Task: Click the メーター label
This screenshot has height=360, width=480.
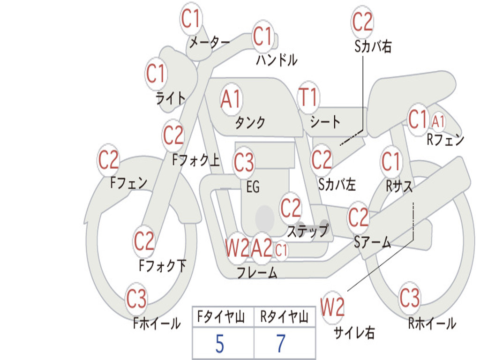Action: pyautogui.click(x=210, y=42)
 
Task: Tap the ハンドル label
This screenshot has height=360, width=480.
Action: pyautogui.click(x=277, y=60)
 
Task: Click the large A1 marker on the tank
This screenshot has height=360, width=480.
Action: pyautogui.click(x=231, y=99)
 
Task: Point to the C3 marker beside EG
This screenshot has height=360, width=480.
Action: pyautogui.click(x=244, y=163)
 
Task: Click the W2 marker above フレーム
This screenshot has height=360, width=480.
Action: pyautogui.click(x=237, y=247)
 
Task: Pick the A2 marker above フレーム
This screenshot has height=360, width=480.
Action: pyautogui.click(x=262, y=247)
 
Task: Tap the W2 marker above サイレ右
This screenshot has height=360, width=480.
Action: pyautogui.click(x=332, y=307)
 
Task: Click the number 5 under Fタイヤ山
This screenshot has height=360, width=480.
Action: pyautogui.click(x=220, y=344)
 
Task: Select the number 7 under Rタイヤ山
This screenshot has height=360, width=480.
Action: pyautogui.click(x=281, y=344)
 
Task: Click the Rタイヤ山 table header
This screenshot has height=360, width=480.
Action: pyautogui.click(x=284, y=316)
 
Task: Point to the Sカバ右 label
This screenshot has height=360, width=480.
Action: pyautogui.click(x=373, y=46)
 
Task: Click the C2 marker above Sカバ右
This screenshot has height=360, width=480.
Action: pyautogui.click(x=362, y=22)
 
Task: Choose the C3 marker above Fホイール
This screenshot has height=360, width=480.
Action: pyautogui.click(x=136, y=299)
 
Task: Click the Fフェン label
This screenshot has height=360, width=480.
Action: pyautogui.click(x=128, y=183)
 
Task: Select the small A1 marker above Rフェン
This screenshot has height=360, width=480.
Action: pyautogui.click(x=438, y=121)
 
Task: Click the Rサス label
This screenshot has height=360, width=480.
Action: pyautogui.click(x=399, y=186)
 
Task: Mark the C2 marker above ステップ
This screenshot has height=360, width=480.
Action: pyautogui.click(x=291, y=208)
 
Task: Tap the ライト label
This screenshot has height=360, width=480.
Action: pyautogui.click(x=171, y=98)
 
